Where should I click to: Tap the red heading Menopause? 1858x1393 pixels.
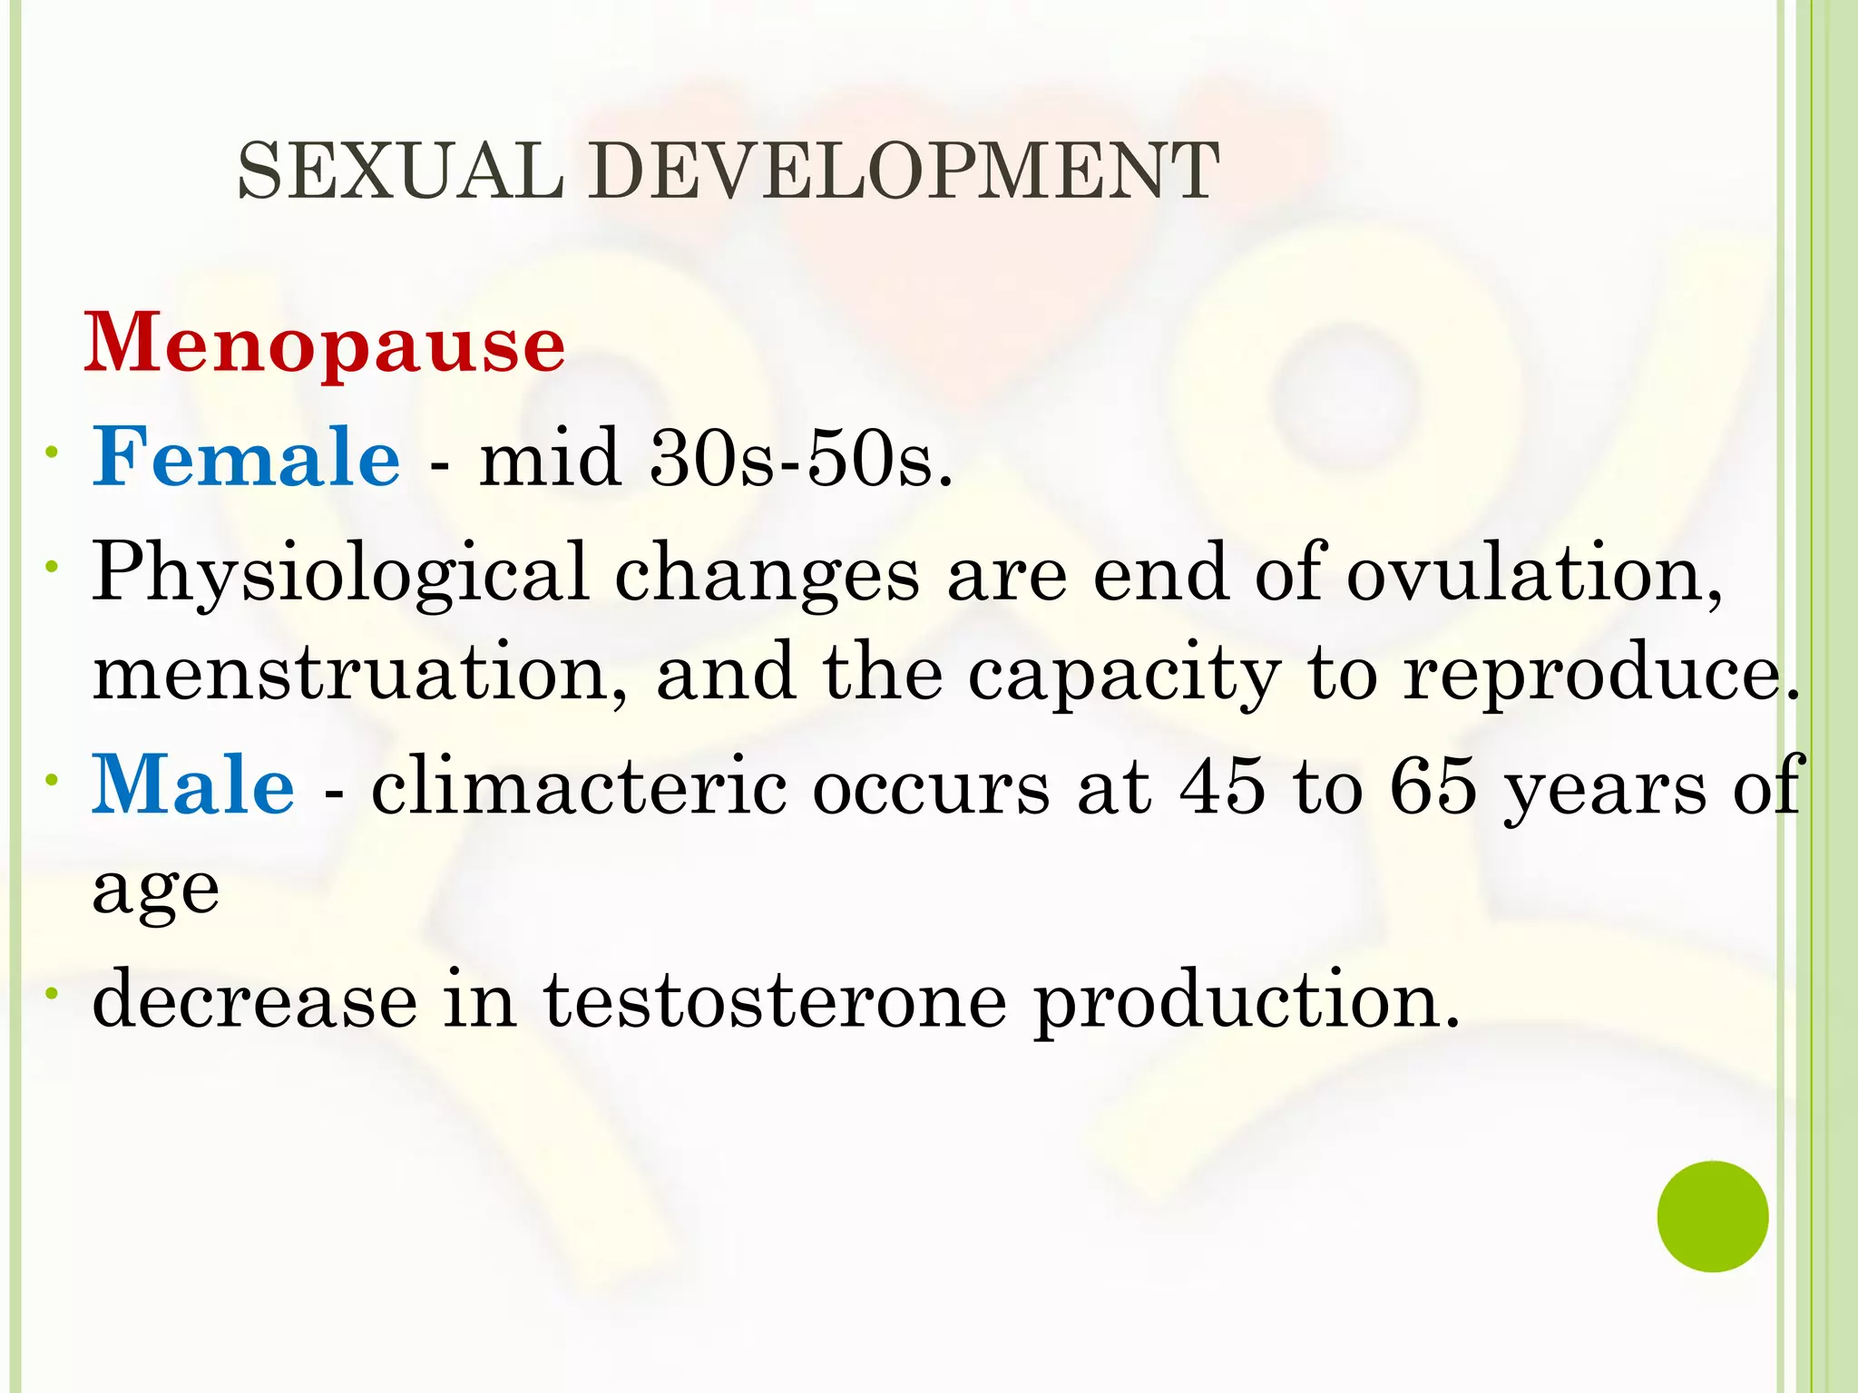pos(325,345)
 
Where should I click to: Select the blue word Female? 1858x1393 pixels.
pos(246,457)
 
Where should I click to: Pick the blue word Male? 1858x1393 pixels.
pos(193,785)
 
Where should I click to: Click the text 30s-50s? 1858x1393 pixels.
pos(800,459)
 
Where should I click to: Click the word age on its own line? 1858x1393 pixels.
pos(156,891)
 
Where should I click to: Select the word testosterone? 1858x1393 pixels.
pos(775,1001)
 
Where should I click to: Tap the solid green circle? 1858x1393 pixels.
pos(1712,1216)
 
